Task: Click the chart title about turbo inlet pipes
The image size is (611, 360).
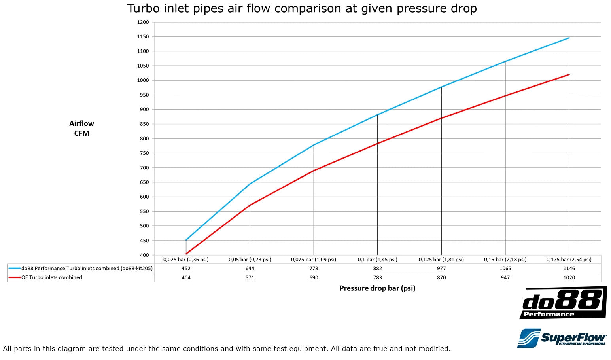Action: click(302, 8)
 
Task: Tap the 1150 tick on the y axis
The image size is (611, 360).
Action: click(143, 37)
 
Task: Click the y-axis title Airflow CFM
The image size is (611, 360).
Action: click(81, 128)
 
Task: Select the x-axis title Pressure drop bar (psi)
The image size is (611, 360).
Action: click(377, 288)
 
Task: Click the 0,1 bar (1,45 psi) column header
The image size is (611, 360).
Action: click(377, 260)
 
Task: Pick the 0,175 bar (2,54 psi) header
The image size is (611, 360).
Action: click(569, 260)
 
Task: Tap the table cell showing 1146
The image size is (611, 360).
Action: click(569, 268)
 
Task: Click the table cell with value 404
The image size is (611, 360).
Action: click(186, 277)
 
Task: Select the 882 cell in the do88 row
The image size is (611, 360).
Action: click(377, 268)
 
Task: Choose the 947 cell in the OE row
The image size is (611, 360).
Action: click(505, 277)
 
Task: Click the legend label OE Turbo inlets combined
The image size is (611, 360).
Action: click(52, 277)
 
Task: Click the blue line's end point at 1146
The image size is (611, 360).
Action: click(569, 38)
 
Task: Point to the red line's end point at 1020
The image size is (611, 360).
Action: click(569, 74)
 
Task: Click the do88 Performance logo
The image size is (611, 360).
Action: click(563, 303)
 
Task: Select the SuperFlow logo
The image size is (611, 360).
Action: click(562, 338)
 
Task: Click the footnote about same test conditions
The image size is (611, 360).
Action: click(227, 349)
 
